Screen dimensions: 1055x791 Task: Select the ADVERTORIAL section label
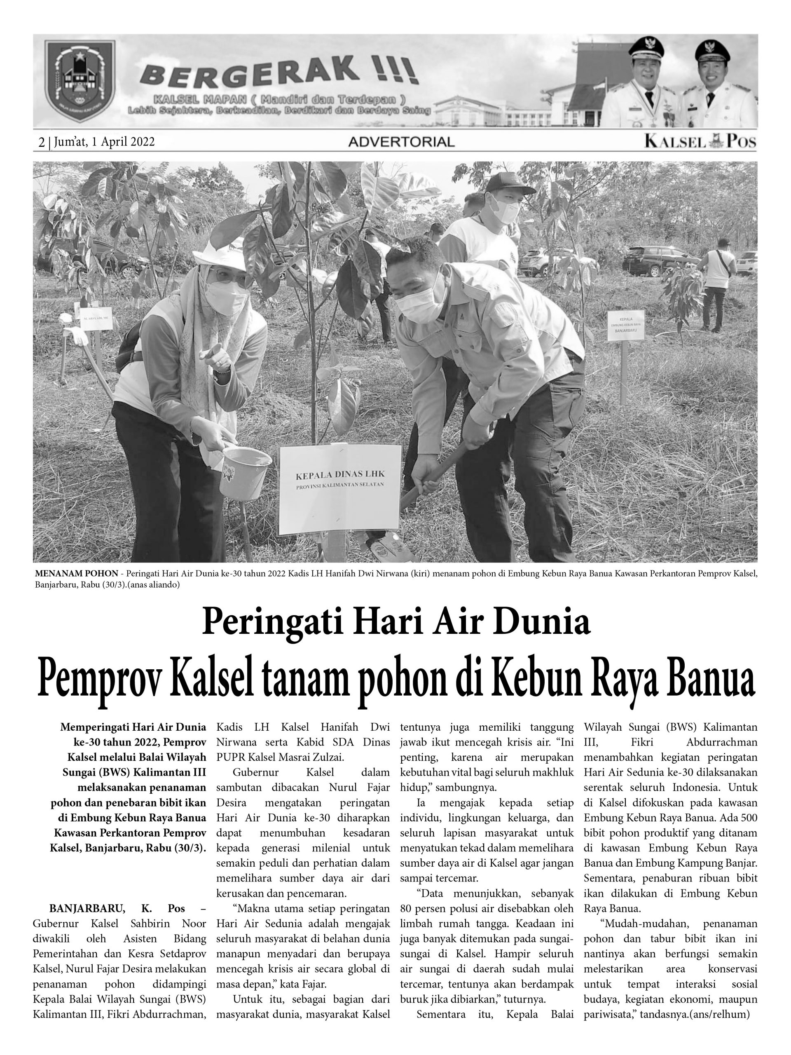(401, 142)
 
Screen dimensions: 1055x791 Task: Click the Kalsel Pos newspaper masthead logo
(700, 141)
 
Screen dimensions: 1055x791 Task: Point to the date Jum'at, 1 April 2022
(104, 142)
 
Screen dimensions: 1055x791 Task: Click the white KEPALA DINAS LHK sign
(339, 489)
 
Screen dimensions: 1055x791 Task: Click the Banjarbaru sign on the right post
(625, 325)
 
